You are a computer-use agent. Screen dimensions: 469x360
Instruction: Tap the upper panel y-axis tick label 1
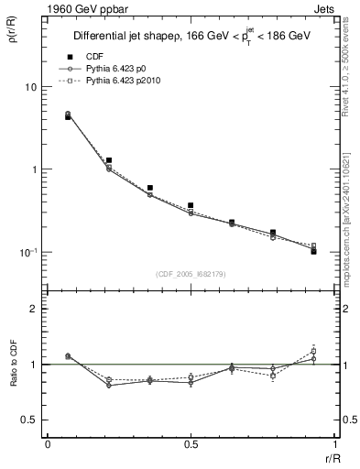[x=33, y=169]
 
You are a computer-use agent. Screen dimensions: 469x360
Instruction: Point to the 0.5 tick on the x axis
[x=191, y=444]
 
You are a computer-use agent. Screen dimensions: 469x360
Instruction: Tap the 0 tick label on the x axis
[x=48, y=444]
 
